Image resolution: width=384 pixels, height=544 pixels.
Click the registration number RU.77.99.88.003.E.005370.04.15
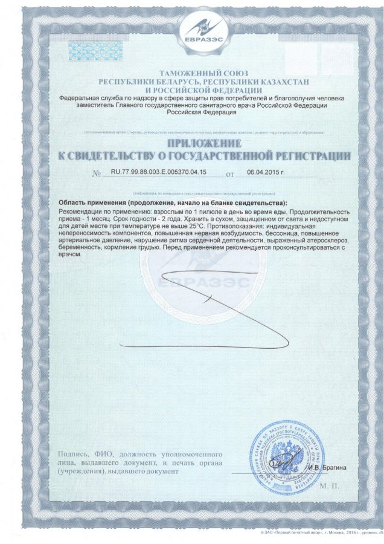click(x=158, y=172)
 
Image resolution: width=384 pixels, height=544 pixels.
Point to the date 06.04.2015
click(x=265, y=172)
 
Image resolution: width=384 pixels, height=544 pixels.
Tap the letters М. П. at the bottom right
click(x=329, y=486)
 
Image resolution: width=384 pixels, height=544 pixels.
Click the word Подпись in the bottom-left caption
click(x=73, y=454)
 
